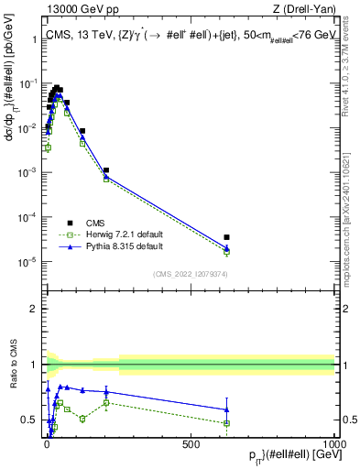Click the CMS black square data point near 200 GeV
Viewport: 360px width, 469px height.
click(106, 170)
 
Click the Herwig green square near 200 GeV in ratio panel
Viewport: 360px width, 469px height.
click(106, 402)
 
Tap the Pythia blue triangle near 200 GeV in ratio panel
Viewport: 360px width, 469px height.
click(106, 392)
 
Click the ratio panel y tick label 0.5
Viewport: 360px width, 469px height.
click(30, 420)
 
